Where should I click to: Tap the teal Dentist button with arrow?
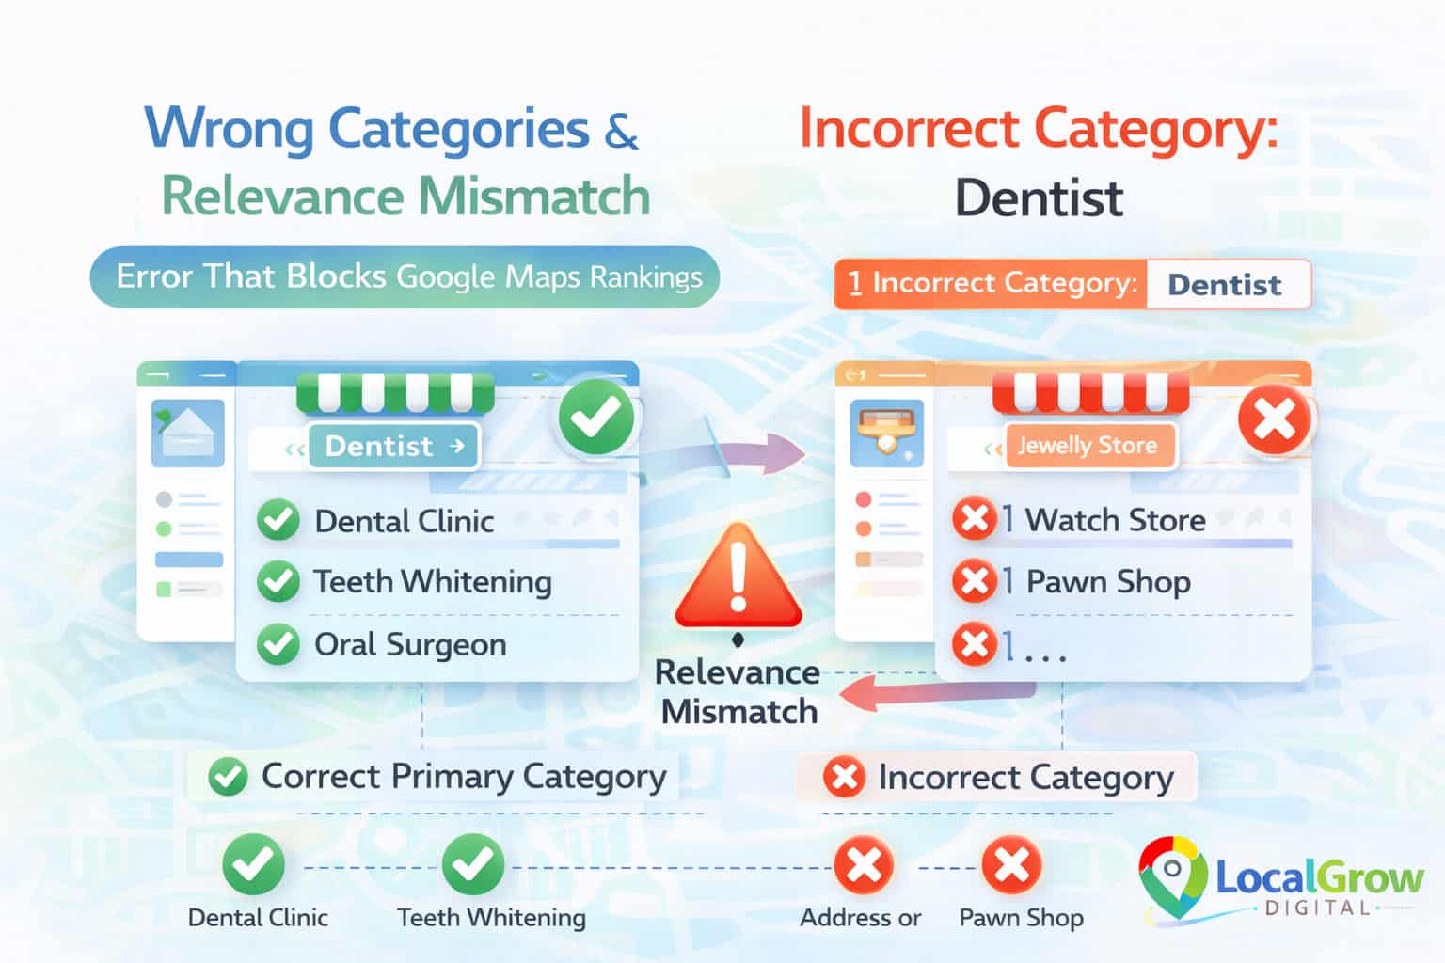(394, 446)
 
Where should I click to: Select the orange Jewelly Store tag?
(1088, 446)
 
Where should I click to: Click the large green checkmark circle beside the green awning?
(596, 417)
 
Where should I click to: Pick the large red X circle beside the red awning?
(1274, 420)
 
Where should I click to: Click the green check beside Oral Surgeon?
(278, 644)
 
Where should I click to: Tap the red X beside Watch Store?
(974, 518)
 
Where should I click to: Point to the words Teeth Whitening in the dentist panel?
(433, 582)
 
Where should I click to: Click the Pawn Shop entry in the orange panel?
(1108, 582)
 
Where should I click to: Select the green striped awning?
(395, 392)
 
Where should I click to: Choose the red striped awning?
(1091, 392)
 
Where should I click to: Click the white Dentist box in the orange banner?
(1229, 284)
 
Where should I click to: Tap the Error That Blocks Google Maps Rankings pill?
(405, 277)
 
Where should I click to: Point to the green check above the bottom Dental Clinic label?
(253, 864)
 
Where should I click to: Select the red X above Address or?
(864, 865)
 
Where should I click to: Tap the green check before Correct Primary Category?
(228, 777)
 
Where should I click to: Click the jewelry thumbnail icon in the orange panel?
(887, 433)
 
